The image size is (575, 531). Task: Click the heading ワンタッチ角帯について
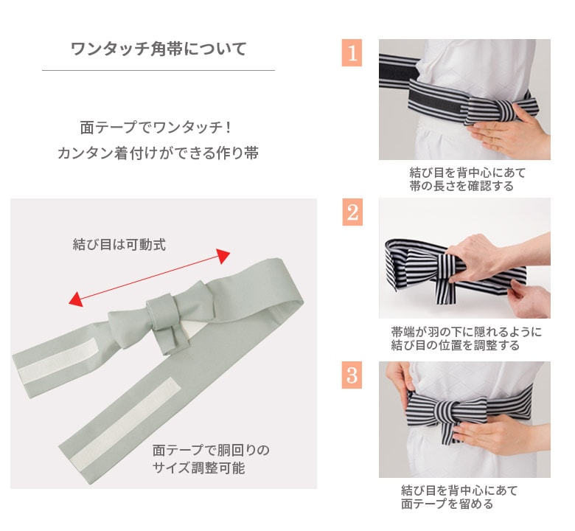pyautogui.click(x=158, y=49)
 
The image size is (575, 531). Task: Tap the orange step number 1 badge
pyautogui.click(x=352, y=53)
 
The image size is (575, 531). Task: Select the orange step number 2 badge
pyautogui.click(x=352, y=212)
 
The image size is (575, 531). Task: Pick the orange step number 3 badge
pyautogui.click(x=352, y=375)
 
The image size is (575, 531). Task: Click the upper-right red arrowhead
pyautogui.click(x=223, y=255)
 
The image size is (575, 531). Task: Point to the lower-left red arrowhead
pyautogui.click(x=75, y=299)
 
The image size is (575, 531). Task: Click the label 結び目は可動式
pyautogui.click(x=119, y=244)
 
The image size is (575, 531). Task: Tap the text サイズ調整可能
pyautogui.click(x=198, y=468)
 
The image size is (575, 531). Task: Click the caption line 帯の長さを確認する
pyautogui.click(x=461, y=186)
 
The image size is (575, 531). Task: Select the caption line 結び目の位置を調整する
pyautogui.click(x=455, y=345)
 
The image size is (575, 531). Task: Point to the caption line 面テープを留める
pyautogui.click(x=447, y=504)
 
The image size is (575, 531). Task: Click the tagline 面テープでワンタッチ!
pyautogui.click(x=156, y=128)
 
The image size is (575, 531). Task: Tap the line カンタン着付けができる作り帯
pyautogui.click(x=158, y=153)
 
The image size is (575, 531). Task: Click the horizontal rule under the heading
pyautogui.click(x=158, y=70)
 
